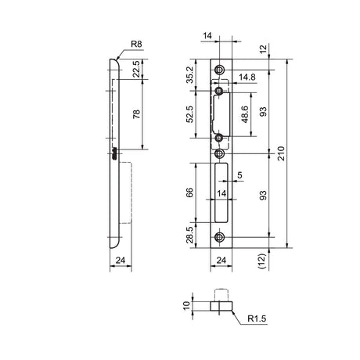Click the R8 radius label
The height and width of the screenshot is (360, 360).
(136, 44)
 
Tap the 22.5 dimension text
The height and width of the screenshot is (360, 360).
(136, 69)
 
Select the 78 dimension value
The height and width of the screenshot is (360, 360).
(136, 114)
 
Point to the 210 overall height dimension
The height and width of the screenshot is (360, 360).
(281, 153)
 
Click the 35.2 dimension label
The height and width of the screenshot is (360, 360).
(189, 75)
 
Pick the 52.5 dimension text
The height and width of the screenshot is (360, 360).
(189, 114)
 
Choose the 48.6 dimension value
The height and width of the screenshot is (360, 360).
(245, 114)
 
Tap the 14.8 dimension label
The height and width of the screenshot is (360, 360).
(247, 77)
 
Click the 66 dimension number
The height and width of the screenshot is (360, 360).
(189, 193)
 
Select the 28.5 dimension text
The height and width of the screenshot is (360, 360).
(189, 235)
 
